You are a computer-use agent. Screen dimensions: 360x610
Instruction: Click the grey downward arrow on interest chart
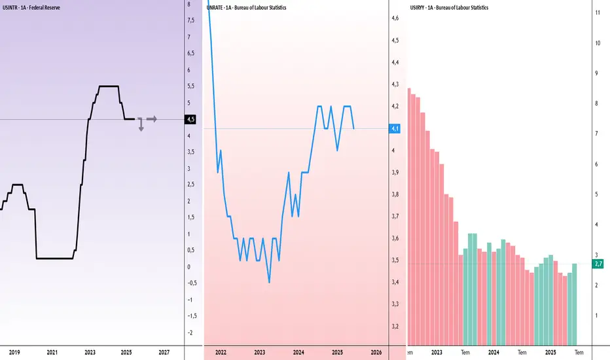141,126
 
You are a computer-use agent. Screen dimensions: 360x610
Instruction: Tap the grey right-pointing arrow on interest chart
152,119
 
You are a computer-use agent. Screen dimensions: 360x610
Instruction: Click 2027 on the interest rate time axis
164,352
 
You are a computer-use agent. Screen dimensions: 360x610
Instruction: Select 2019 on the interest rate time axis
15,352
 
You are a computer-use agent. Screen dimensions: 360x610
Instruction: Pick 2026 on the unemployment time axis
376,352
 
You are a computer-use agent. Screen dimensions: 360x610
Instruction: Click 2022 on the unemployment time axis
221,352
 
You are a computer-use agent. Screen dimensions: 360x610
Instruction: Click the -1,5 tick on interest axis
190,316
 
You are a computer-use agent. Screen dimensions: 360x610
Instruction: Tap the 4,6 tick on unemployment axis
397,18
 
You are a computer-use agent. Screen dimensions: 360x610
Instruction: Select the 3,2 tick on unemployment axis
397,326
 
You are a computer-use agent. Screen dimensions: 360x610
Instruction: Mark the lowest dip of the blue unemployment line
269,282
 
